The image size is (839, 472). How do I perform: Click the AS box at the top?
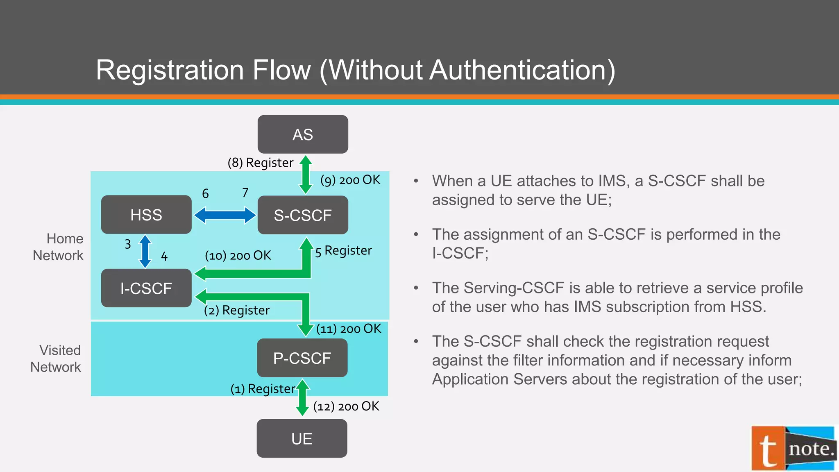(x=303, y=134)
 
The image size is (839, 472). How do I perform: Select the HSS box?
(x=146, y=215)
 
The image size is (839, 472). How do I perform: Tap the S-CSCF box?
(x=303, y=215)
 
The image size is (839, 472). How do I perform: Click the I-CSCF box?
(x=146, y=288)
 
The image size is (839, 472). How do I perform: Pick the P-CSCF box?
(x=302, y=358)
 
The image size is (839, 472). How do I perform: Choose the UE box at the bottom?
(x=302, y=438)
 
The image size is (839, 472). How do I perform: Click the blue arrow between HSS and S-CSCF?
(x=224, y=215)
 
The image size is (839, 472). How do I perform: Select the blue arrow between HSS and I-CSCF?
(x=145, y=251)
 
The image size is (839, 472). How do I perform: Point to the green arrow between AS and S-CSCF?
(x=306, y=175)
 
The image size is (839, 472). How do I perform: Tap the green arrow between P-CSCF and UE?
(x=302, y=397)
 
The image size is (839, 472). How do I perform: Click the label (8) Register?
(x=261, y=163)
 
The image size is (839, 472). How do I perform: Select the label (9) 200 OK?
(x=350, y=180)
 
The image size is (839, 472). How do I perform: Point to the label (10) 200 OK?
(x=238, y=256)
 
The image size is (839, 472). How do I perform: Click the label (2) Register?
(x=237, y=310)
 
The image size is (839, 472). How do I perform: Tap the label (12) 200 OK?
(x=346, y=406)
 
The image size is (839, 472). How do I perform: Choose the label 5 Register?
(x=343, y=251)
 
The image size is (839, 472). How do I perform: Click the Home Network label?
(x=59, y=247)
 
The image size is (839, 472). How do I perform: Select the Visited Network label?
(x=56, y=359)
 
